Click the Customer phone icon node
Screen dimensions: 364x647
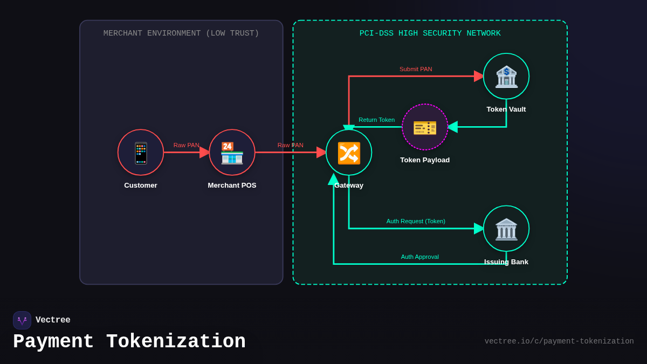pos(141,153)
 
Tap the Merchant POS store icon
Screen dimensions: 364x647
pos(232,153)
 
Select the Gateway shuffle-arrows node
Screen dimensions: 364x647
pos(349,153)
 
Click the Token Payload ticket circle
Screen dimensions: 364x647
pos(425,127)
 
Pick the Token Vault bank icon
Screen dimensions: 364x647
pos(506,77)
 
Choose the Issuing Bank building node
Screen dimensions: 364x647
pos(506,229)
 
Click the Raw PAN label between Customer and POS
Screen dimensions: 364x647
pos(186,145)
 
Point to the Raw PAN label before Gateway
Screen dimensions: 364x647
pos(290,145)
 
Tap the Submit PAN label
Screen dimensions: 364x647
pos(416,69)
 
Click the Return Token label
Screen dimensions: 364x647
pos(376,120)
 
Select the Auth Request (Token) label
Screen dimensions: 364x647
pos(416,221)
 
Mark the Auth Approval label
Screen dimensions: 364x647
pos(419,257)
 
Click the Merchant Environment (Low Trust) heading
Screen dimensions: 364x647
pos(181,33)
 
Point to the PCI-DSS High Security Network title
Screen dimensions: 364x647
pos(430,33)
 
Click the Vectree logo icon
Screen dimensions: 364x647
pos(22,320)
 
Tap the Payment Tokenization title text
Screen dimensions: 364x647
pos(129,342)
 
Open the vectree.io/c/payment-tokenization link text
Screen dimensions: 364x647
pos(559,341)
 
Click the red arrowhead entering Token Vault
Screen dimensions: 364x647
pos(479,77)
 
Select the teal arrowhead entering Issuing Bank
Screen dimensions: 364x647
pos(479,229)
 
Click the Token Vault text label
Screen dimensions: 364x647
pos(506,109)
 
